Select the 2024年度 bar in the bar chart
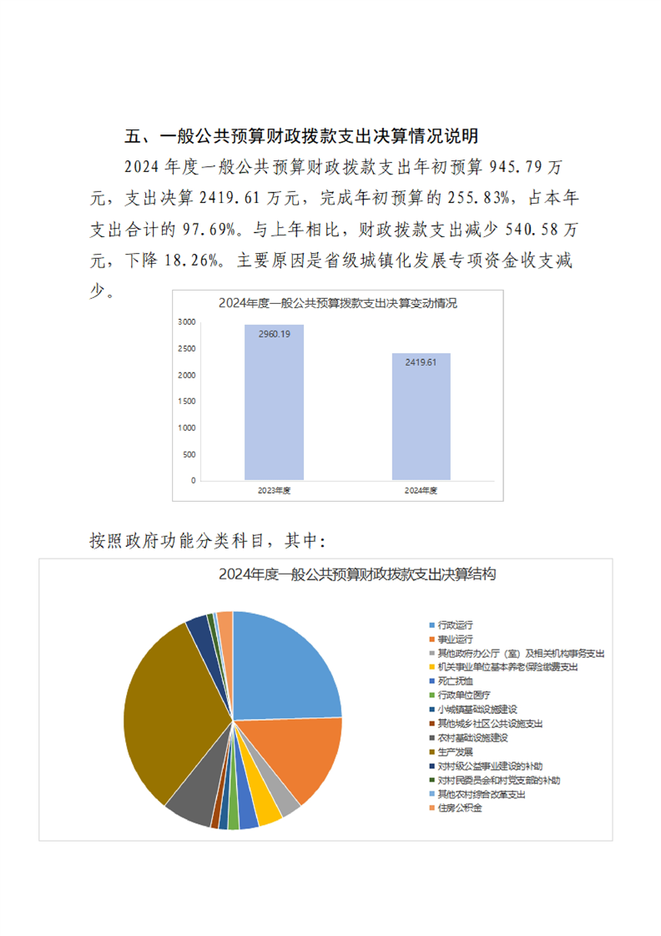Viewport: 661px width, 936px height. click(421, 417)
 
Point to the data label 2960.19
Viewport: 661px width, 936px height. click(274, 334)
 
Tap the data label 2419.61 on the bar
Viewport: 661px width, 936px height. click(421, 362)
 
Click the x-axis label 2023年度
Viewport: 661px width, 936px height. click(274, 491)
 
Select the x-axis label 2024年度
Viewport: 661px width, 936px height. click(421, 491)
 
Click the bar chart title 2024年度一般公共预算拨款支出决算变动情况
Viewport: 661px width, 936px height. click(337, 303)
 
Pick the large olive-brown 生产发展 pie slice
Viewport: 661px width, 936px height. click(179, 718)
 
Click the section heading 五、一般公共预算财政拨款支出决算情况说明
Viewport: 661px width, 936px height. click(302, 136)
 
